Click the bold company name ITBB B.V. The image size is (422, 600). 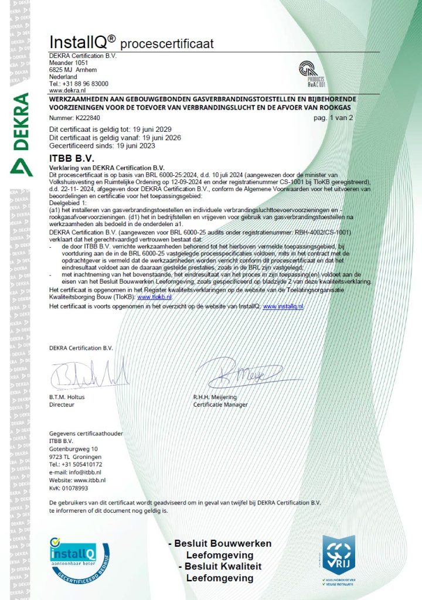point(71,158)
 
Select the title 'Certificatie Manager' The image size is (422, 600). point(220,404)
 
